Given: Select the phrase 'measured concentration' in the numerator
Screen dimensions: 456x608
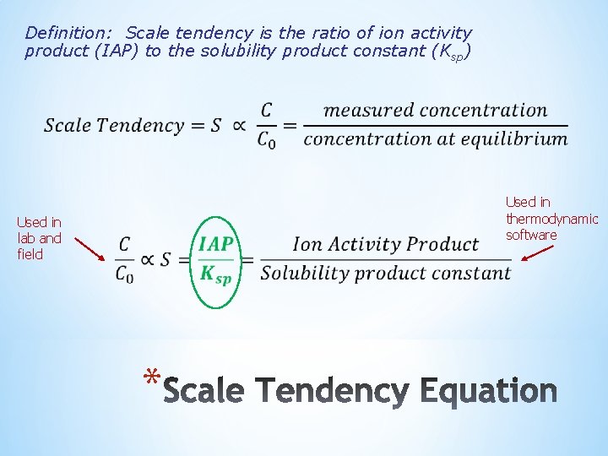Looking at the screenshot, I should (x=435, y=110).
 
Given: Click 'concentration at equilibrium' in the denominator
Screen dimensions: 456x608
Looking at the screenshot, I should (x=435, y=138).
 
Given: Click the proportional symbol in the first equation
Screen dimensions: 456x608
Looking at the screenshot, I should (x=239, y=125).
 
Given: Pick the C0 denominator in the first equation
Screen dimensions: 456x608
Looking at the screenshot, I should (x=267, y=139).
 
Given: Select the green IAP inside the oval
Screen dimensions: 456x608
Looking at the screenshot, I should (x=216, y=244).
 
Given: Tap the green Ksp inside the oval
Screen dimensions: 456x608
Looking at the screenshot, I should (x=216, y=274).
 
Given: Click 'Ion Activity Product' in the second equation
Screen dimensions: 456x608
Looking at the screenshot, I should (x=385, y=244).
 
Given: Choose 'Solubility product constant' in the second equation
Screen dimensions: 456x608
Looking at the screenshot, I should (x=385, y=273).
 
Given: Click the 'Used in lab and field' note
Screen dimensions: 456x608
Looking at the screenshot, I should (x=39, y=238).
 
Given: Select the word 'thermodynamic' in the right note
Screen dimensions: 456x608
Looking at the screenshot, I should (x=551, y=219).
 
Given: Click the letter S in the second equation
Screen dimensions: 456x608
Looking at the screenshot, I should (x=166, y=258).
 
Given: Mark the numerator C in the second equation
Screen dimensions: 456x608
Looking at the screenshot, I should (x=124, y=244).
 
